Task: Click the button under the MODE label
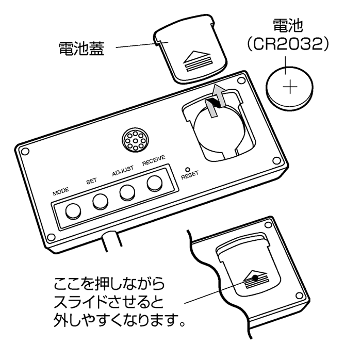pyautogui.click(x=73, y=210)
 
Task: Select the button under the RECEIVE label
pyautogui.click(x=154, y=183)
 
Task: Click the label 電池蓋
pyautogui.click(x=81, y=50)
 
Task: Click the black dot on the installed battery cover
pyautogui.click(x=255, y=277)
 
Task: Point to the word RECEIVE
pyautogui.click(x=153, y=161)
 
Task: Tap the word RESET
pyautogui.click(x=190, y=176)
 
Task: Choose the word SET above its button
pyautogui.click(x=91, y=181)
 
